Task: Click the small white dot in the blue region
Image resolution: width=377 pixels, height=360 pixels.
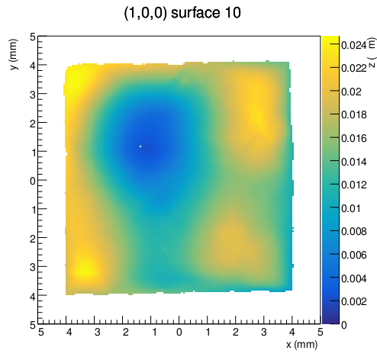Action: pyautogui.click(x=140, y=146)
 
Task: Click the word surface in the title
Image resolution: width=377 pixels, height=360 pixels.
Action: pyautogui.click(x=195, y=12)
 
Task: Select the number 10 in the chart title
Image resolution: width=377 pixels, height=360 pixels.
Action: pyautogui.click(x=232, y=12)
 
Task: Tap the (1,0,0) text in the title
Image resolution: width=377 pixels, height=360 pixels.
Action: pyautogui.click(x=146, y=13)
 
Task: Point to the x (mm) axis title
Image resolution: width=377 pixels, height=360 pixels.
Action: pyautogui.click(x=301, y=345)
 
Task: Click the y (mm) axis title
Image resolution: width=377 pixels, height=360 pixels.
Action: pyautogui.click(x=14, y=54)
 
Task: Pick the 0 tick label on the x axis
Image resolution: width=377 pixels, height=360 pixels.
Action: pyautogui.click(x=179, y=332)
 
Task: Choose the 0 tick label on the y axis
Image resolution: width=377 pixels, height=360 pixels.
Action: pyautogui.click(x=33, y=182)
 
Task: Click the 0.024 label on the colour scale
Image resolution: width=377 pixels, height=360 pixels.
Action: pyautogui.click(x=353, y=45)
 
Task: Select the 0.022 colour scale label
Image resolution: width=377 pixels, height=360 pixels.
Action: pyautogui.click(x=353, y=68)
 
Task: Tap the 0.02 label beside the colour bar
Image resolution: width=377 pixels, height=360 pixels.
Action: pyautogui.click(x=351, y=92)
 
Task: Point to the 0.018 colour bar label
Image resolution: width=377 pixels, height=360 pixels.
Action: pyautogui.click(x=353, y=114)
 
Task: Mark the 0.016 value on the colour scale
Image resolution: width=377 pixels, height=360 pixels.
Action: pyautogui.click(x=353, y=138)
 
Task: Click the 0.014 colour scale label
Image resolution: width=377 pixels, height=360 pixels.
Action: pyautogui.click(x=353, y=162)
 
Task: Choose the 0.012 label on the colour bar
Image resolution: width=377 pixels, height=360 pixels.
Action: pyautogui.click(x=353, y=185)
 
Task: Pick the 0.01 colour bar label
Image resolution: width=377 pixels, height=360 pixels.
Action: pyautogui.click(x=351, y=208)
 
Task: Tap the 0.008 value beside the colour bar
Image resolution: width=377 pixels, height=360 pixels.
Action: pyautogui.click(x=353, y=231)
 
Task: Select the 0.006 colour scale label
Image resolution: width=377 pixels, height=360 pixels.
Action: pyautogui.click(x=353, y=255)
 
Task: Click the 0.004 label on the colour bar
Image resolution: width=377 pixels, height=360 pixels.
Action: pyautogui.click(x=353, y=278)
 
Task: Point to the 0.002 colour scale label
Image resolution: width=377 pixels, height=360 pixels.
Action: pyautogui.click(x=353, y=301)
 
